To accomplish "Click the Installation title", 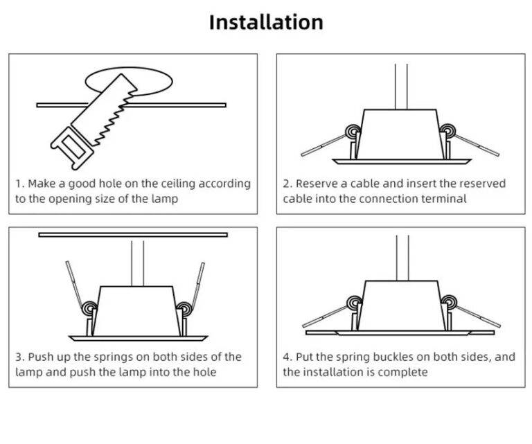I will pos(266,22).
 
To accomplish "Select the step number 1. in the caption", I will pos(20,184).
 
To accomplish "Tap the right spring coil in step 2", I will pos(448,131).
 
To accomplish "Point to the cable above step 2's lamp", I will pos(401,86).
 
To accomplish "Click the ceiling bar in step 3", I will pos(133,235).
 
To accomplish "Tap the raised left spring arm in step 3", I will pos(76,284).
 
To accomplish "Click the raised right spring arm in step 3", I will pos(197,284).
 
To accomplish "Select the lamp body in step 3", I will pos(136,310).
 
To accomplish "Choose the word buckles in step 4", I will pos(407,357).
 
